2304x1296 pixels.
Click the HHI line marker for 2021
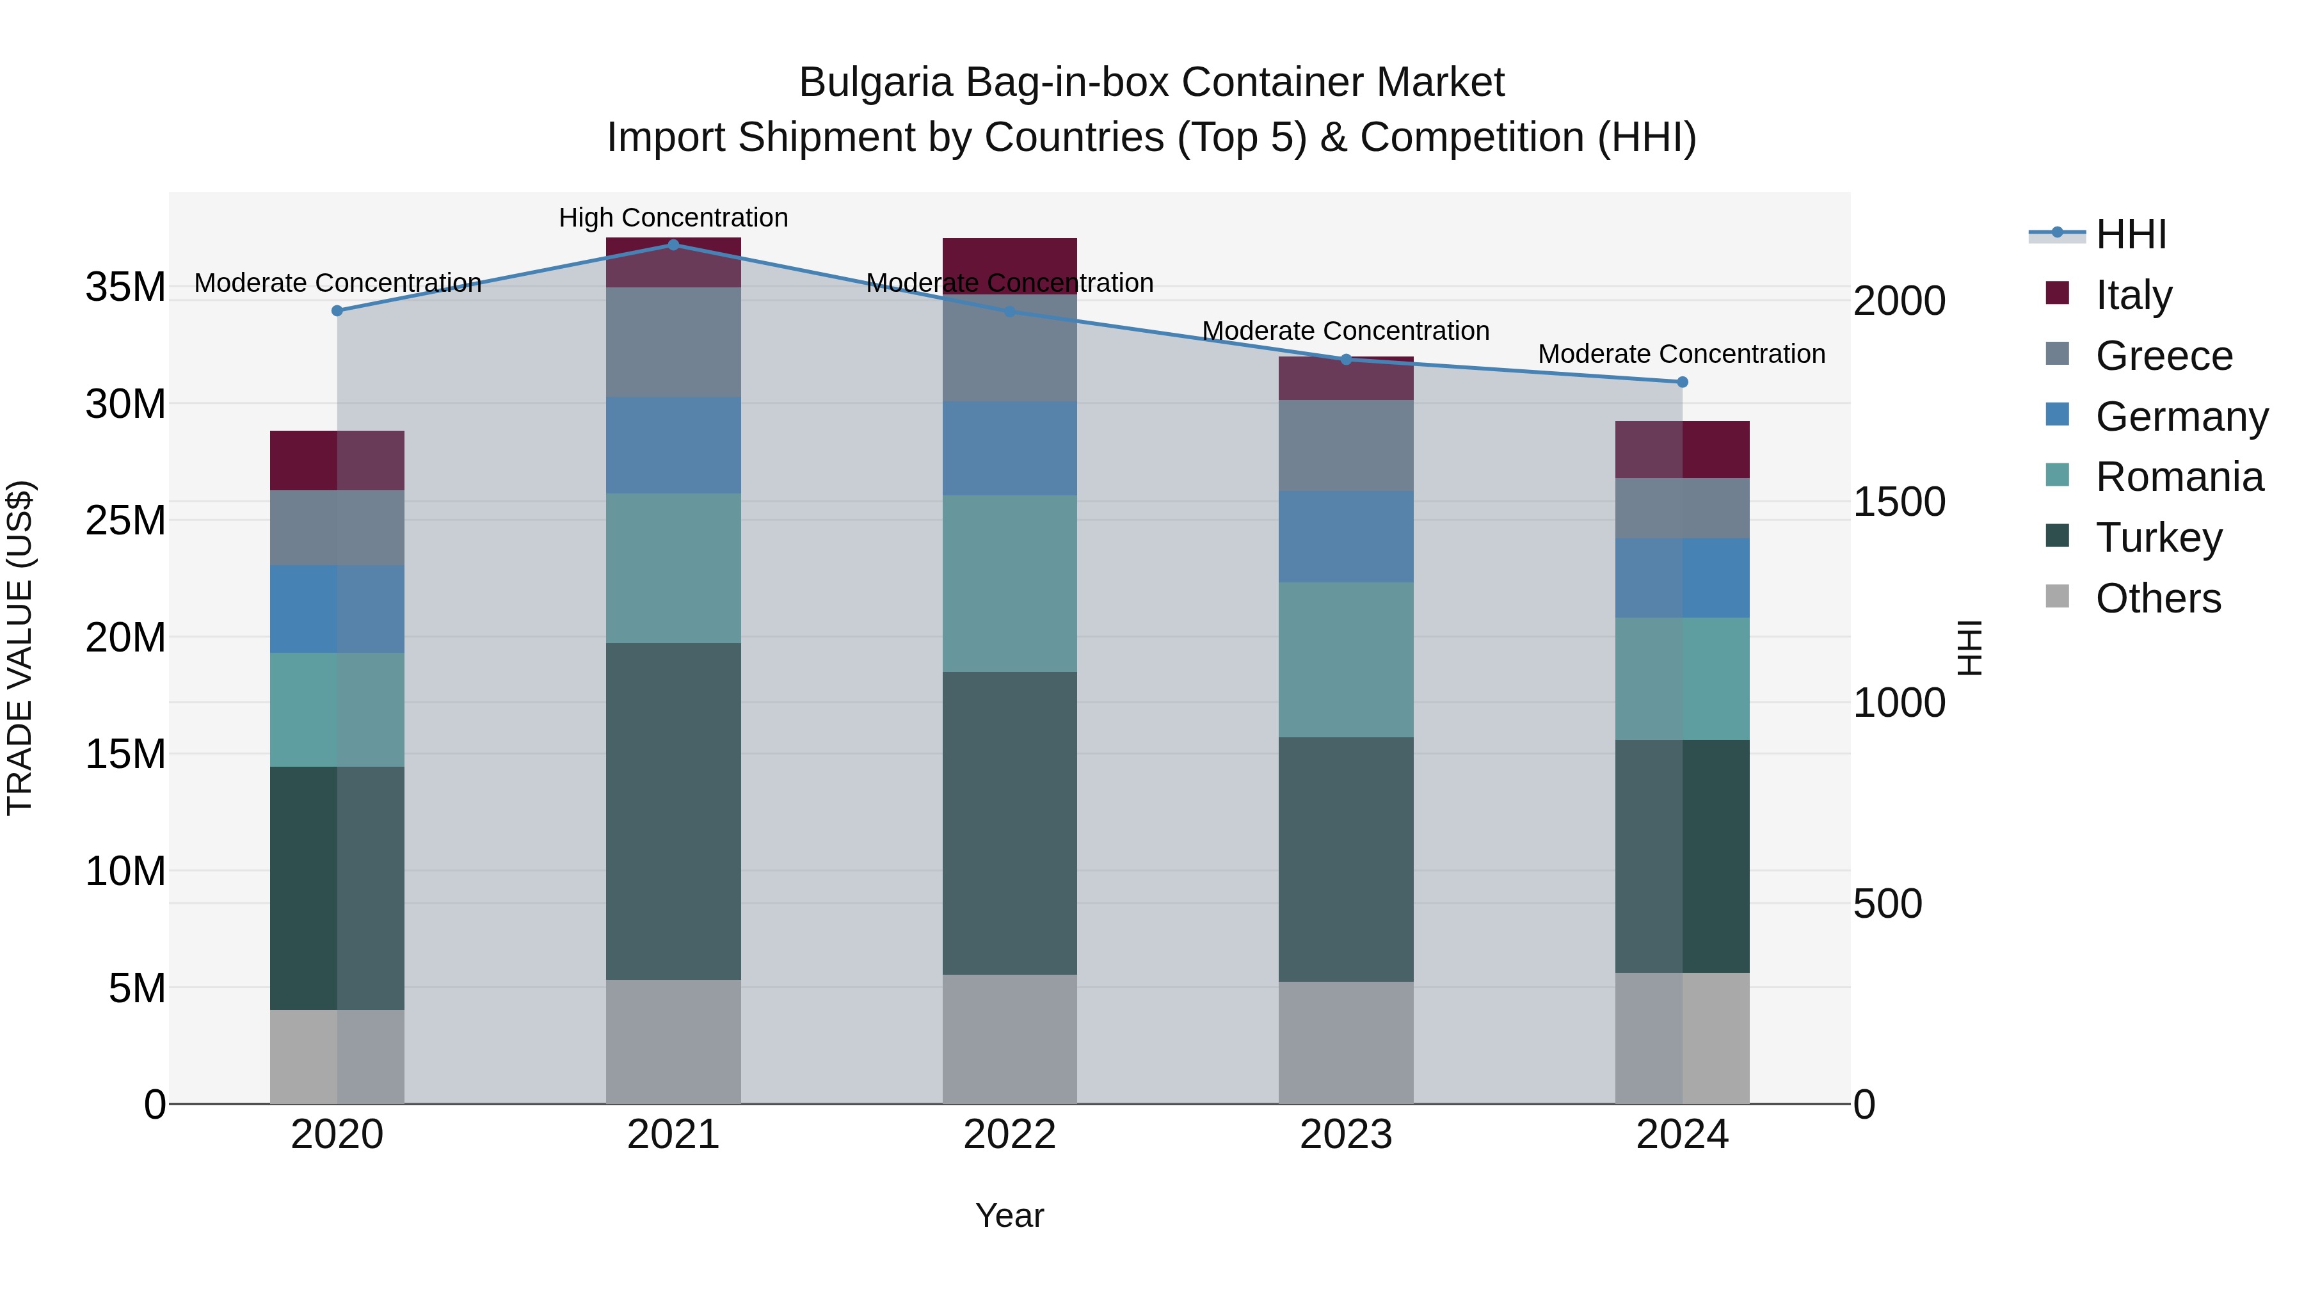point(673,244)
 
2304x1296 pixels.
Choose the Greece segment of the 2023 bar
point(1345,445)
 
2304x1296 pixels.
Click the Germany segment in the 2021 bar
point(673,445)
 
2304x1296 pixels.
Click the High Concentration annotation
point(673,218)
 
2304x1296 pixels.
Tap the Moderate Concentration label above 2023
point(1345,331)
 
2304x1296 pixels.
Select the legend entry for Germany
point(2180,417)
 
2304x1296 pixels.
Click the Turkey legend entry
point(2158,538)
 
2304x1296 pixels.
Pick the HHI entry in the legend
point(2131,234)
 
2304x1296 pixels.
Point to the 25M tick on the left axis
point(125,520)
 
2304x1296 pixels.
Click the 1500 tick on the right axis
point(1898,502)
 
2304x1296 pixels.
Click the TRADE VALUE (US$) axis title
point(20,648)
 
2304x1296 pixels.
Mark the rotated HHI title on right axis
point(1971,648)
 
